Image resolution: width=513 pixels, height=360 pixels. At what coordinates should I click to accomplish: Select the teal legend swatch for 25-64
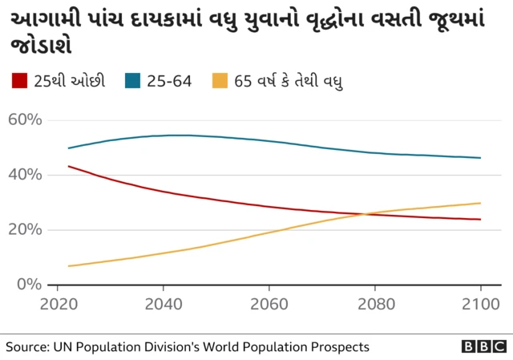coord(134,81)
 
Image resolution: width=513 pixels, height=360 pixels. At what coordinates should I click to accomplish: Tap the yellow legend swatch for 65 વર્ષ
coord(220,81)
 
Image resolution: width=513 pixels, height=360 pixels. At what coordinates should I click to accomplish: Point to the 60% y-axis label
coord(25,120)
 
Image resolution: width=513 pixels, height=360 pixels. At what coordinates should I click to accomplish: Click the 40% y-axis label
coord(25,175)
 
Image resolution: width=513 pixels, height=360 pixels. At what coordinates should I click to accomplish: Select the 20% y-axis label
coord(25,229)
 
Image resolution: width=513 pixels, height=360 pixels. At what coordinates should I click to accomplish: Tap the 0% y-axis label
coord(29,284)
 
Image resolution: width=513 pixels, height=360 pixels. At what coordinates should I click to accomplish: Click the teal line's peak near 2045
coord(184,136)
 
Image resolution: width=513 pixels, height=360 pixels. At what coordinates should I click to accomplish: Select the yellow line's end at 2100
coord(480,203)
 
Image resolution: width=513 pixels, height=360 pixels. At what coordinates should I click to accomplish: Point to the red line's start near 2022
coord(69,166)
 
